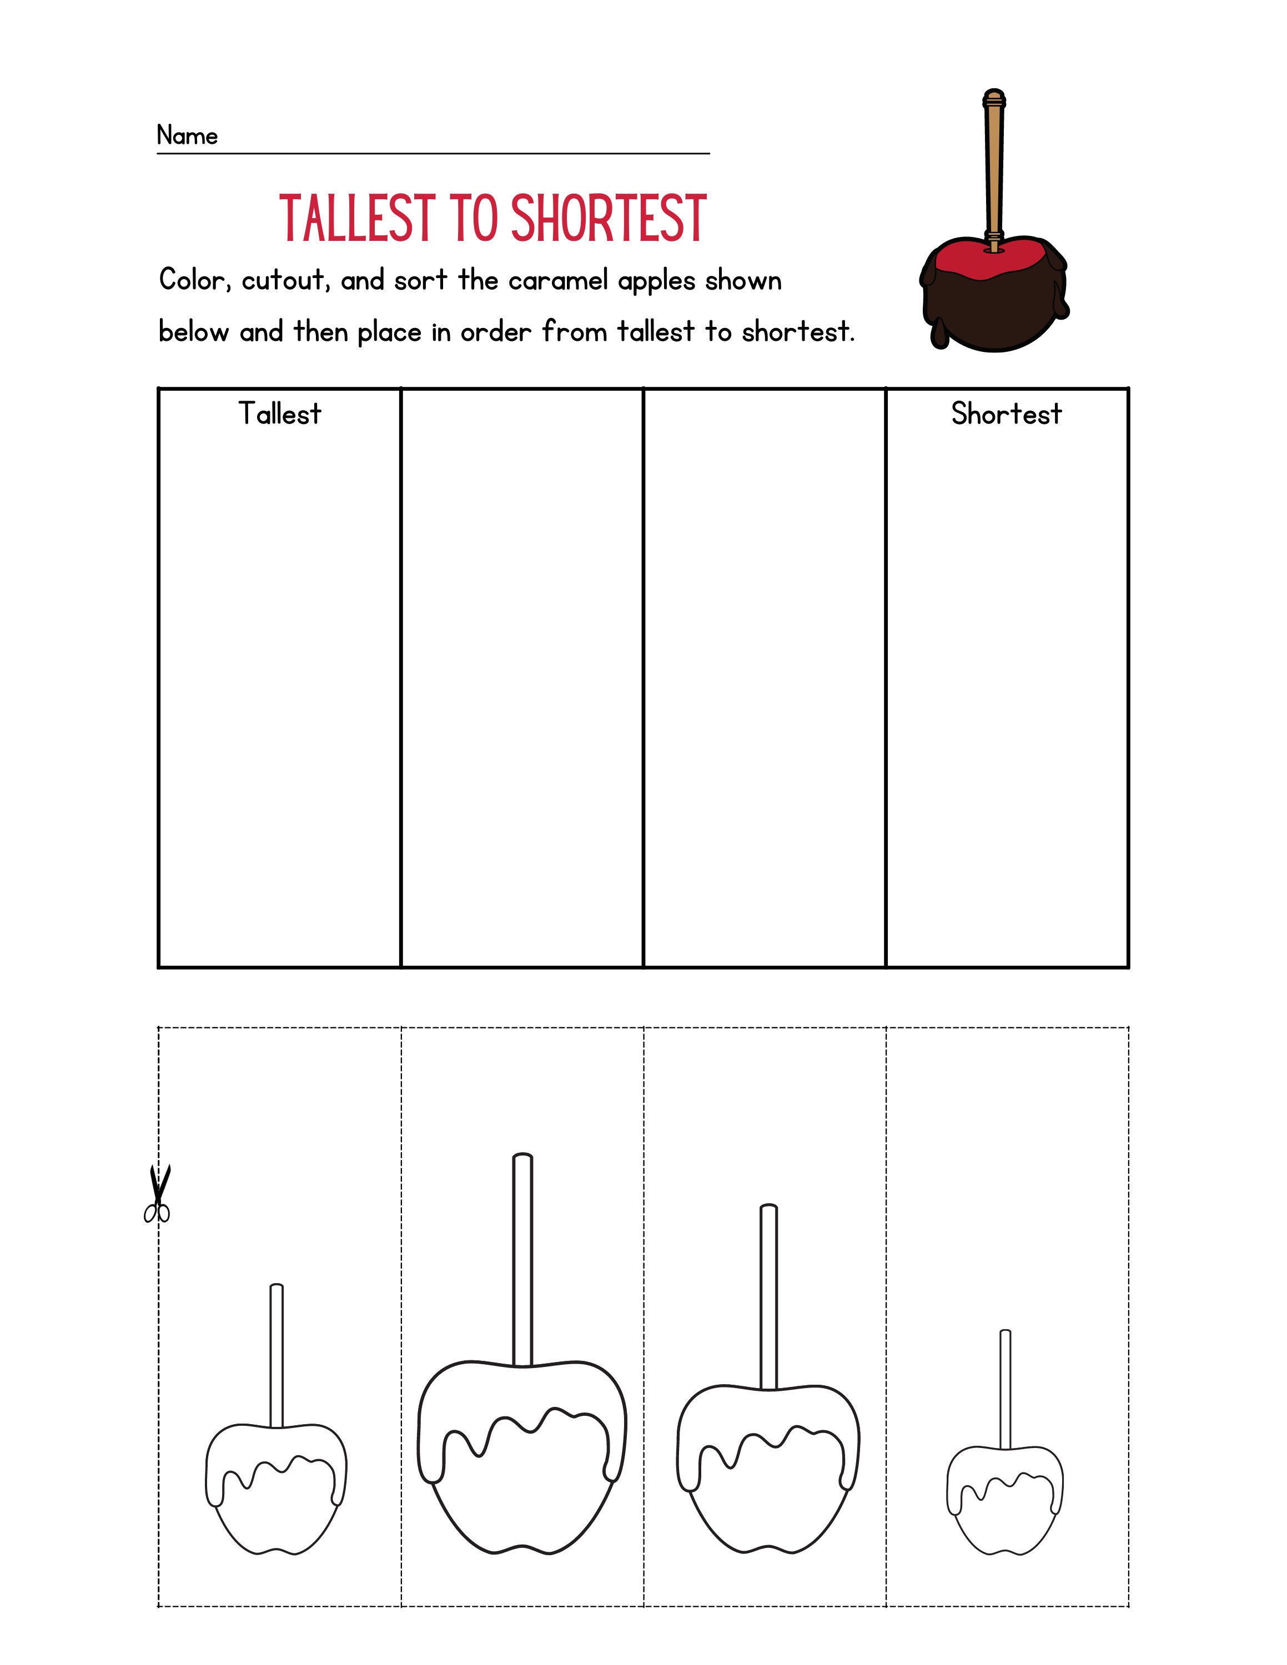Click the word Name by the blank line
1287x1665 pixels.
pyautogui.click(x=187, y=136)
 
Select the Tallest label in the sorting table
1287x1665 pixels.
pyautogui.click(x=280, y=414)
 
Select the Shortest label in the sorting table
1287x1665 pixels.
pyautogui.click(x=1006, y=414)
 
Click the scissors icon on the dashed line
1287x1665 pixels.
pyautogui.click(x=158, y=1194)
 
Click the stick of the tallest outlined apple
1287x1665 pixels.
pyautogui.click(x=522, y=1258)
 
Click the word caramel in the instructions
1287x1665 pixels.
pyautogui.click(x=564, y=281)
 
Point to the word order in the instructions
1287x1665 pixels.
pyautogui.click(x=495, y=332)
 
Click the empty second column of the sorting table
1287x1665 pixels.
pyautogui.click(x=522, y=679)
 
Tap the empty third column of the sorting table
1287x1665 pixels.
pyautogui.click(x=764, y=679)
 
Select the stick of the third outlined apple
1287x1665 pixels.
pyautogui.click(x=768, y=1296)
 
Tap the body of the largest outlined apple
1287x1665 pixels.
pyautogui.click(x=522, y=1494)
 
